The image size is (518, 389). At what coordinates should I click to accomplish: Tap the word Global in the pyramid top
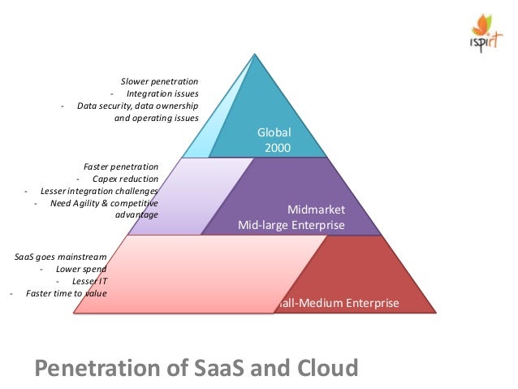[274, 132]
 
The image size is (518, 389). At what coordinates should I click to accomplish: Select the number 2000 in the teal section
[278, 148]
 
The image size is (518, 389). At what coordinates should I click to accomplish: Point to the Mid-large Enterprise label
[291, 225]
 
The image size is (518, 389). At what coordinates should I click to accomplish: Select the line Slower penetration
[160, 82]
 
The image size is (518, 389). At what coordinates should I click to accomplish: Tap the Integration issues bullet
[167, 94]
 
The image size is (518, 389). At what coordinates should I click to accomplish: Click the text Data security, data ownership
[137, 106]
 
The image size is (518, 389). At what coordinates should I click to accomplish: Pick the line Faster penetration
[121, 166]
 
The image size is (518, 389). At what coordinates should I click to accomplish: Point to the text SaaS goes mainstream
[61, 257]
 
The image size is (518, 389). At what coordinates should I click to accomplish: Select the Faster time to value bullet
[66, 293]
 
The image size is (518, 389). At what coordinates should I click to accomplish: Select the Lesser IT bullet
[89, 281]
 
